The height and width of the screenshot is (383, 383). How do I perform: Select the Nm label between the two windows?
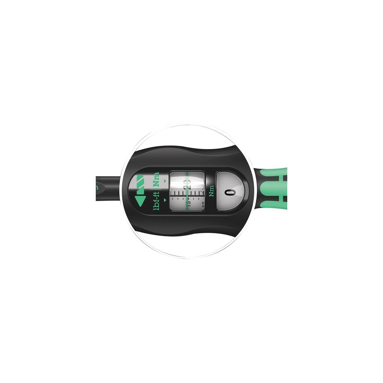point(211,191)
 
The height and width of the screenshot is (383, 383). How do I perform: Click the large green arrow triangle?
point(140,201)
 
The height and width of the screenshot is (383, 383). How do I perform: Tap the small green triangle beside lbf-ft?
point(165,200)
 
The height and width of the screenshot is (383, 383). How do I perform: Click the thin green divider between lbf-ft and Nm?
point(156,189)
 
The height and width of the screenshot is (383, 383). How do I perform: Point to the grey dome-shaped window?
point(230,191)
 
